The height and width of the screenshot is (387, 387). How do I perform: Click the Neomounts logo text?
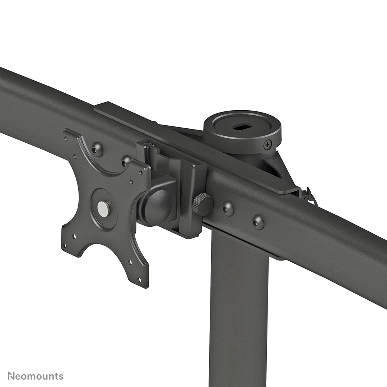35,376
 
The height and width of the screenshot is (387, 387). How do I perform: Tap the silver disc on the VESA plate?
103,209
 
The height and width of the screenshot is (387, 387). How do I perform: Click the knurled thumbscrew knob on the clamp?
203,204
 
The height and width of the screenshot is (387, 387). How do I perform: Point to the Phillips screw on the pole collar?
268,145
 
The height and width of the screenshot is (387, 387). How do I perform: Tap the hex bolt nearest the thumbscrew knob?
228,209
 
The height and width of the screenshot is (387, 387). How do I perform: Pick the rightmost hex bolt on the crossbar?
258,222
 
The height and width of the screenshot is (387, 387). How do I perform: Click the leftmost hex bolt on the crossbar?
97,149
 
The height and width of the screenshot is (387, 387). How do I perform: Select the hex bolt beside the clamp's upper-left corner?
126,161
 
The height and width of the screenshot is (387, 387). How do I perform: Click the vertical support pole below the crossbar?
239,308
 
